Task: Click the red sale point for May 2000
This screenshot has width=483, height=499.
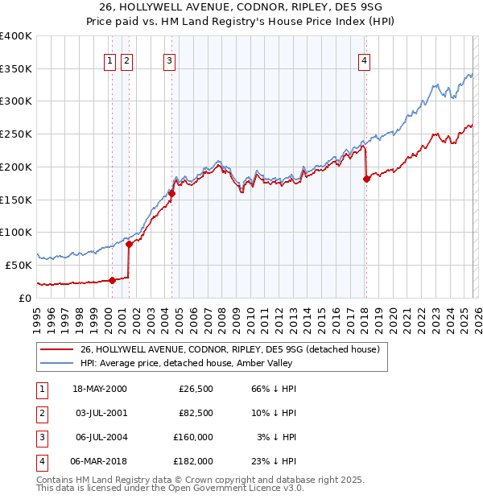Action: click(x=112, y=280)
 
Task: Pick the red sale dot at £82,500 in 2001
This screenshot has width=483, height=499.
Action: click(x=129, y=244)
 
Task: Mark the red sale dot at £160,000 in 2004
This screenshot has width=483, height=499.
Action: click(x=171, y=193)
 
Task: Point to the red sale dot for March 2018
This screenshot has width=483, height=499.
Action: click(x=366, y=179)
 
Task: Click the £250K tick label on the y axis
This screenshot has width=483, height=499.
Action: click(x=16, y=134)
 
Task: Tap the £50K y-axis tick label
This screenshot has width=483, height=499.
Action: click(x=19, y=265)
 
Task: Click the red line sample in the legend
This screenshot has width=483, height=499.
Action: click(x=57, y=349)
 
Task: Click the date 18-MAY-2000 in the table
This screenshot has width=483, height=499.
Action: click(x=99, y=390)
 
